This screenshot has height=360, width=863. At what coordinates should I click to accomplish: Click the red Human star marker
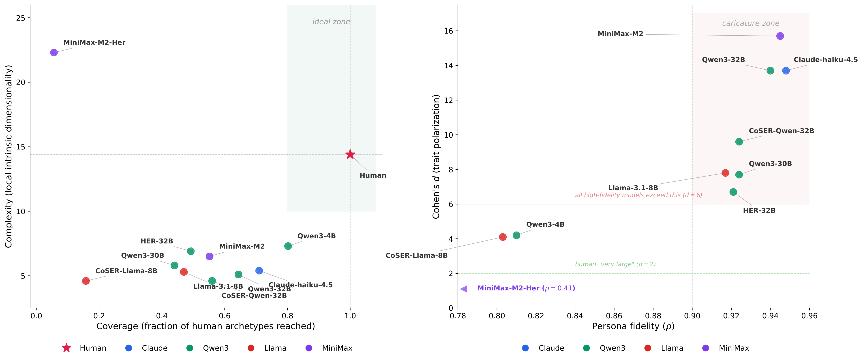tap(350, 154)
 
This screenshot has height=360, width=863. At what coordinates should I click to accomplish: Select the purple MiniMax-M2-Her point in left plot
tap(54, 53)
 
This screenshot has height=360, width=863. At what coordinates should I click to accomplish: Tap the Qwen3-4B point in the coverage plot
tap(288, 246)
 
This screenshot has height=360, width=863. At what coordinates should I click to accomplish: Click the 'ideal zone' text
tap(331, 22)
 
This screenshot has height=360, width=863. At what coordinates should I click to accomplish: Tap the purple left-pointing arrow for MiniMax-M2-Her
tap(464, 289)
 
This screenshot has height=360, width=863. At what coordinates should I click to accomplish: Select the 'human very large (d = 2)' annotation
tap(615, 264)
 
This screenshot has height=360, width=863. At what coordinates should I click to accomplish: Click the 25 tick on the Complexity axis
tap(21, 18)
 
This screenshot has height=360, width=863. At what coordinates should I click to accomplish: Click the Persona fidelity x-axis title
tap(633, 326)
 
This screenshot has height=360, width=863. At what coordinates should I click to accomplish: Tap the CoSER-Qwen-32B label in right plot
tap(781, 131)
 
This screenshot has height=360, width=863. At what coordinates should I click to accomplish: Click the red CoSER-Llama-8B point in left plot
tap(86, 281)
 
